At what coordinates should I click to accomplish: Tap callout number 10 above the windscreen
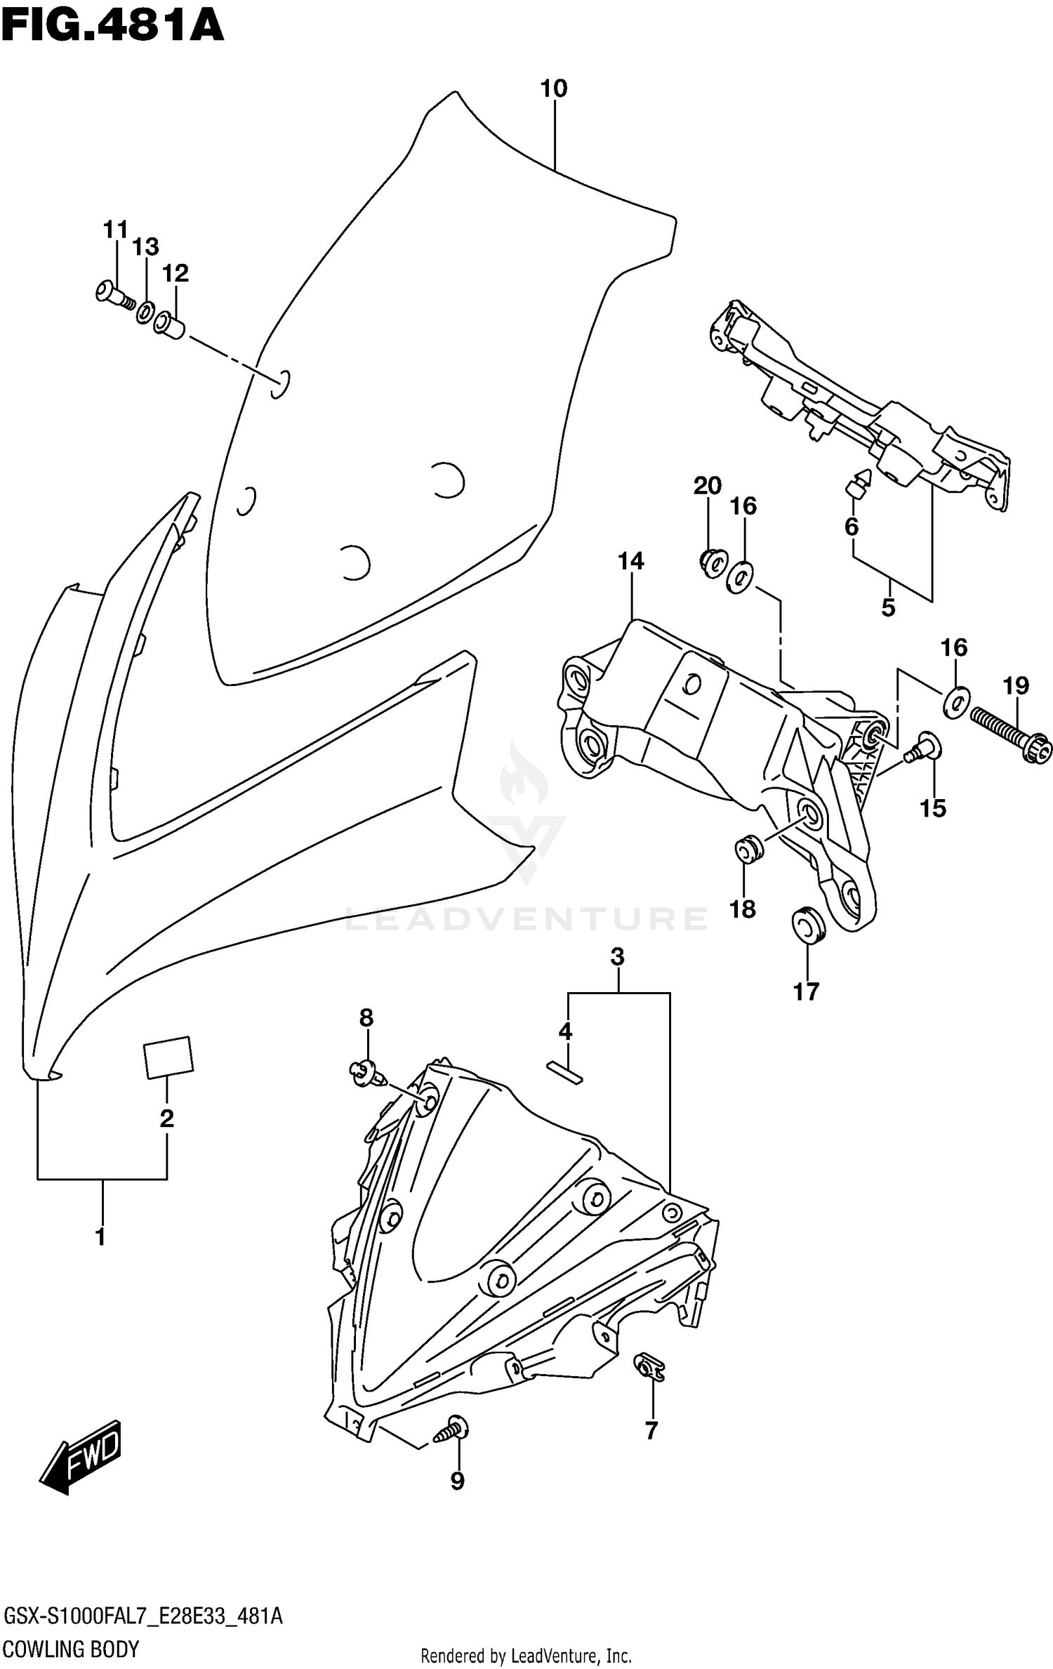(553, 89)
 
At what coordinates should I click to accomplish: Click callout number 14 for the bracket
(630, 562)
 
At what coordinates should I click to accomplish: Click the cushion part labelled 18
(748, 850)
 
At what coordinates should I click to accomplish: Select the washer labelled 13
(146, 311)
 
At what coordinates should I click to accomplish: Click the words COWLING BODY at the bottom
(72, 1648)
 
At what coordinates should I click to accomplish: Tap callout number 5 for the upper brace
(888, 607)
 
